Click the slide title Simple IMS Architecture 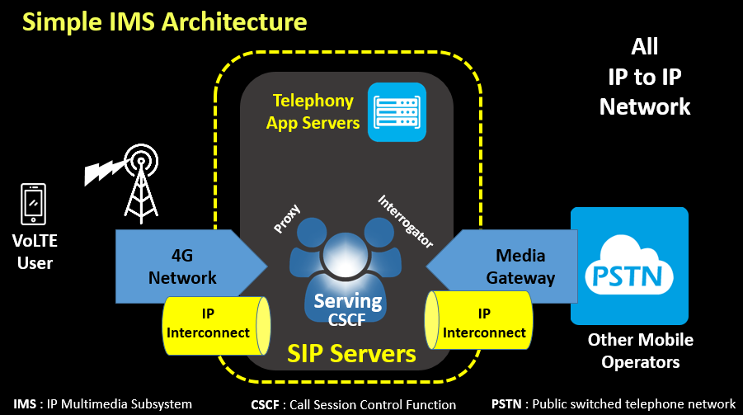pos(165,21)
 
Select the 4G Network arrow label pos(182,266)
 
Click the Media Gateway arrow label pos(520,266)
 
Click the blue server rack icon pos(397,112)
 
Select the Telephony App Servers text pos(317,112)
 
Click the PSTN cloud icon pos(629,265)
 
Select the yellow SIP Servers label pos(351,353)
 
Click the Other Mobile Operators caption pos(640,351)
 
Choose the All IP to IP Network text pos(644,76)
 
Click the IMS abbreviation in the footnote pos(25,404)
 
